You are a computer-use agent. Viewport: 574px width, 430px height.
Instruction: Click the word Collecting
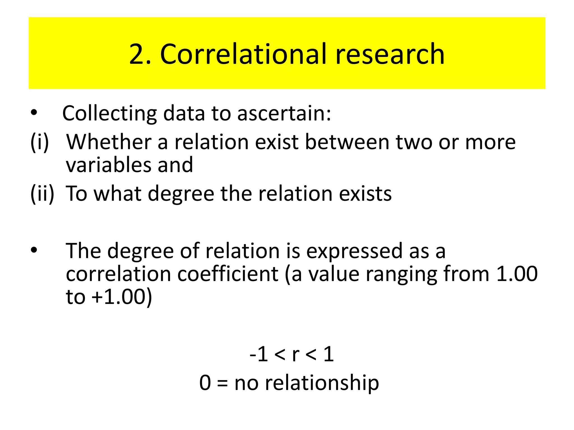(109, 113)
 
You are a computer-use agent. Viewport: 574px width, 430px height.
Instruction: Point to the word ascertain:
(284, 113)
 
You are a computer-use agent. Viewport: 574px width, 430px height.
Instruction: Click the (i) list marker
(40, 142)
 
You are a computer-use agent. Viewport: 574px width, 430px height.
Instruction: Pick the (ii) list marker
(42, 193)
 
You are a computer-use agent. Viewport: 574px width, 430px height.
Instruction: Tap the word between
(347, 142)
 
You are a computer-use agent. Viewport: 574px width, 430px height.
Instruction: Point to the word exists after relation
(365, 193)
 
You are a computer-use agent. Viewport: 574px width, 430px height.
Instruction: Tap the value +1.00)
(122, 297)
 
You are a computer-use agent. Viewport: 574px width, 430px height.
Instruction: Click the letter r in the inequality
(295, 354)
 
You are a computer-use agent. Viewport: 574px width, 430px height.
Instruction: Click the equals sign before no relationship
(222, 383)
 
